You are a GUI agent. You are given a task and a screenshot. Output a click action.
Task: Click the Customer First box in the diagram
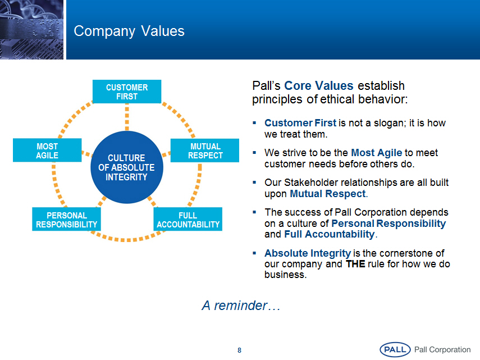127,92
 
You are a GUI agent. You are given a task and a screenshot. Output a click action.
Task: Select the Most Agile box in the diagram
47,150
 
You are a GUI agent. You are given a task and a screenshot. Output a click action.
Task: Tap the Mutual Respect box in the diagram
205,151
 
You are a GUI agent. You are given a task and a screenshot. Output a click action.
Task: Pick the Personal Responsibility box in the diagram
66,219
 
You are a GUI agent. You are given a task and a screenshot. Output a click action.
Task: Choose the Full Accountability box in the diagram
188,219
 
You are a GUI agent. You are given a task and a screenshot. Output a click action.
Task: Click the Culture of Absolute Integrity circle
127,167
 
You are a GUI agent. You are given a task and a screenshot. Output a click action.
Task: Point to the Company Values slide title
129,31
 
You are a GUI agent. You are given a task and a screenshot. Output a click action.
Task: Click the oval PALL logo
395,349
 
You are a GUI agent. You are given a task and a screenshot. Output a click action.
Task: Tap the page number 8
239,350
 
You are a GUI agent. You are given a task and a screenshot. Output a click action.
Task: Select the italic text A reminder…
241,306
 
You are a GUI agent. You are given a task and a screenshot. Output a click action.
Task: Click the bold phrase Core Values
319,86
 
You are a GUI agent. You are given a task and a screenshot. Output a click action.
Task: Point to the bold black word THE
355,264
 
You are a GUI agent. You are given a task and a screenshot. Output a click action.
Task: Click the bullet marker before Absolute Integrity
254,253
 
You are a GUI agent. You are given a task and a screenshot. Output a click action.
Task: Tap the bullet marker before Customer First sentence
254,123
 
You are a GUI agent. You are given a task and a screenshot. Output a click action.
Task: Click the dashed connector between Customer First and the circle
127,117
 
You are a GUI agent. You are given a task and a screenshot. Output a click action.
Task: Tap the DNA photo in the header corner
31,29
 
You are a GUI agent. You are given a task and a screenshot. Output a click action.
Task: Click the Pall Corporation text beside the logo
442,349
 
